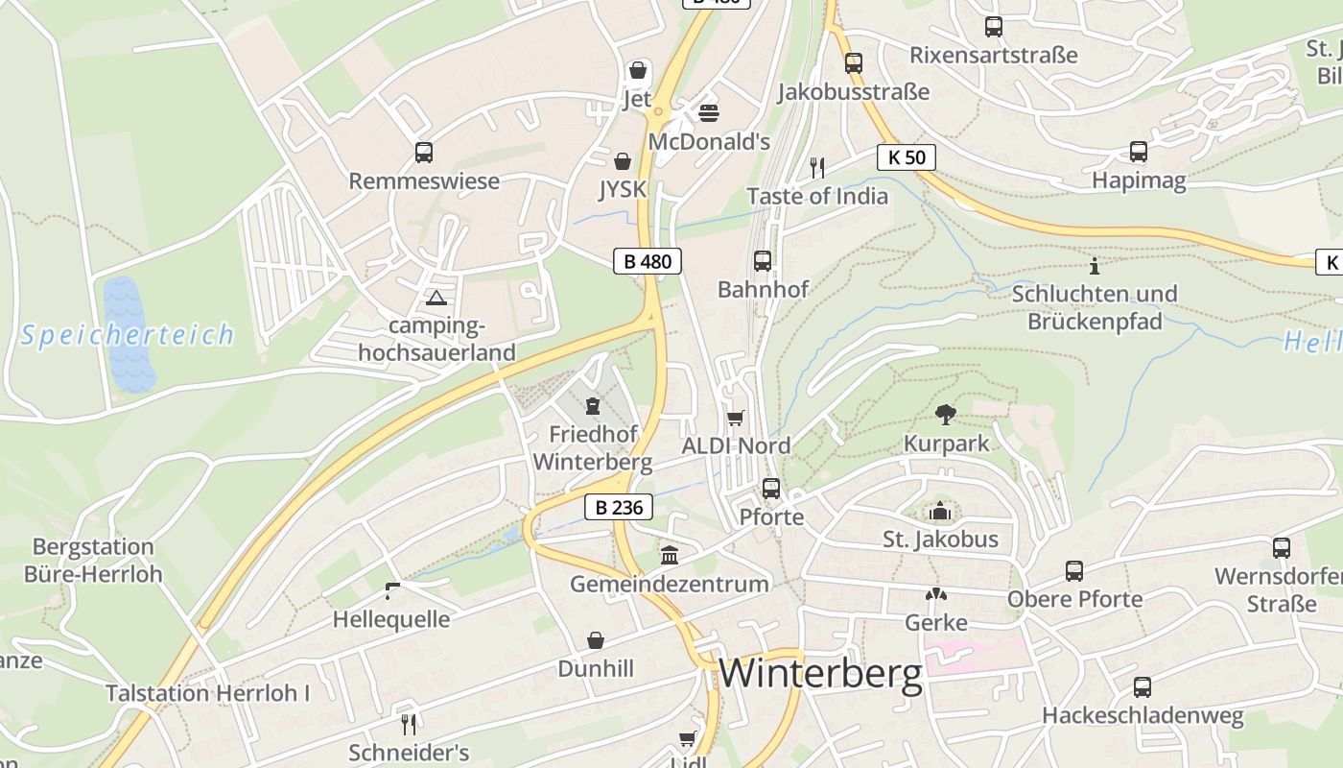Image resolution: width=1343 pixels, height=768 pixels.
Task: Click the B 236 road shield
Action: click(x=619, y=507)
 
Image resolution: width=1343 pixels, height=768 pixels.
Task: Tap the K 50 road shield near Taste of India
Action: click(x=906, y=157)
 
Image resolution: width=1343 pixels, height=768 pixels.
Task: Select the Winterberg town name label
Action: click(x=820, y=673)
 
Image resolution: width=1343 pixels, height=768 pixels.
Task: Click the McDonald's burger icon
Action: click(x=709, y=113)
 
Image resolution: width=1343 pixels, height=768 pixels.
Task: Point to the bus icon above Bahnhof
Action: click(x=763, y=260)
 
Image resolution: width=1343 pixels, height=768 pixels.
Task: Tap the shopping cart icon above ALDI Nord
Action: click(x=736, y=418)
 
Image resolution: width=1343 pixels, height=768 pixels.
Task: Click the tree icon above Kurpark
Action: click(x=946, y=415)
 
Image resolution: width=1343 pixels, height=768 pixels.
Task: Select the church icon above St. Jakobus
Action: click(x=940, y=511)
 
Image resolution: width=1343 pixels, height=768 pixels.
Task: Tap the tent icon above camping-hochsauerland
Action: click(x=436, y=299)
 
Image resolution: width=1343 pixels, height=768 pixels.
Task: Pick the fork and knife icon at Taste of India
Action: click(x=817, y=168)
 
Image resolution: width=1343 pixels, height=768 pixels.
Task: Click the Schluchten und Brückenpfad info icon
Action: click(x=1094, y=265)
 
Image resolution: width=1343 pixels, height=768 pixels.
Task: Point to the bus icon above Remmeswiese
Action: click(x=424, y=153)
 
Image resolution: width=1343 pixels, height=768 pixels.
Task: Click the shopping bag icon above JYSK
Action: click(x=623, y=161)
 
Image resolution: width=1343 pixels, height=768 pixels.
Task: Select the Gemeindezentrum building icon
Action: click(x=669, y=555)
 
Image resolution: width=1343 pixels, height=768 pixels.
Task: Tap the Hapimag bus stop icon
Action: click(x=1139, y=152)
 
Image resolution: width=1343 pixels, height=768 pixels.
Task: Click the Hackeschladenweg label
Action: click(x=1143, y=716)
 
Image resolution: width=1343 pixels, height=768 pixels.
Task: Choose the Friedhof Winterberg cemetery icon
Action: click(x=593, y=405)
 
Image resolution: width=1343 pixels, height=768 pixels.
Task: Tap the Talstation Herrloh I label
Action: click(x=208, y=693)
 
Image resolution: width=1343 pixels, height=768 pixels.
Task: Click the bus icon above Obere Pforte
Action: click(x=1074, y=571)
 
